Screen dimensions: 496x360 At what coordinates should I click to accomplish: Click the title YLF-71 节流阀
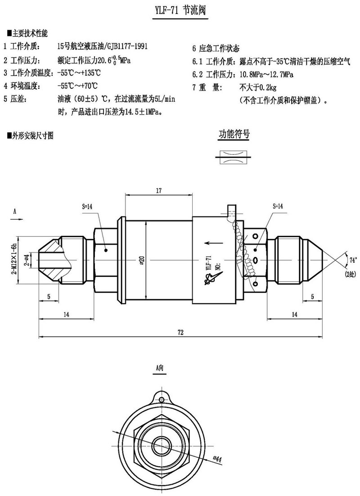tap(179, 10)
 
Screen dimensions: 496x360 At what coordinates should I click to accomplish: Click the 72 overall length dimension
tap(180, 332)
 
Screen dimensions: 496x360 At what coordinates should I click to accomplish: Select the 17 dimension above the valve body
tap(159, 191)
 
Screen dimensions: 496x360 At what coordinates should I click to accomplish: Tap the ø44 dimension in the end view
tap(218, 459)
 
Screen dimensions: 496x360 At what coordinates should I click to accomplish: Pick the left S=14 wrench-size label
tap(87, 207)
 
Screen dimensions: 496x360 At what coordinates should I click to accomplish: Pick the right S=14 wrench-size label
tap(278, 206)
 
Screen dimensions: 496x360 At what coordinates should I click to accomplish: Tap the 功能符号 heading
tap(234, 134)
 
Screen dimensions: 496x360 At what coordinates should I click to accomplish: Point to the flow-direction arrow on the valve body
tap(216, 243)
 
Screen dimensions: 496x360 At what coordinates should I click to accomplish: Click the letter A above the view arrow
tap(15, 211)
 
